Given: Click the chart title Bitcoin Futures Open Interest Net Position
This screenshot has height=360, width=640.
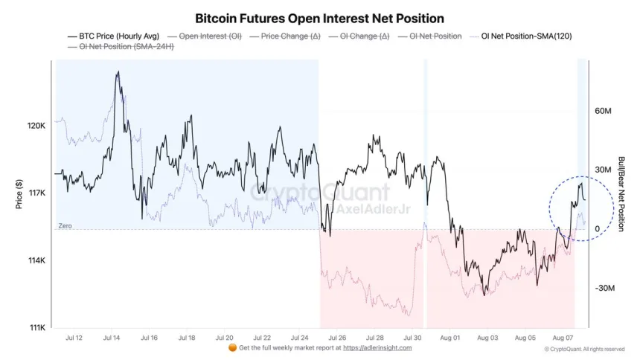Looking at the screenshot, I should (319, 17).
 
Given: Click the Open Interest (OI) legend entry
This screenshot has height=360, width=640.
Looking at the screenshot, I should (209, 36).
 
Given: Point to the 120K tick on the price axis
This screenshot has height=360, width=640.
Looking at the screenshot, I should (36, 126).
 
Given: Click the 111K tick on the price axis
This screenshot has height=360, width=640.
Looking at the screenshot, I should (36, 328).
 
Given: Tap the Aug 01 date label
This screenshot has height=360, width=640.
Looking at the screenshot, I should (449, 338).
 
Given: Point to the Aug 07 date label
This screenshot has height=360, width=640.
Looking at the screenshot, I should (563, 338).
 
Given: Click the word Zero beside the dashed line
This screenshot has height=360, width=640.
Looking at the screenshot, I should (65, 225).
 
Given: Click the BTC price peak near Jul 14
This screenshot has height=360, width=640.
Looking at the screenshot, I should (118, 72).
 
